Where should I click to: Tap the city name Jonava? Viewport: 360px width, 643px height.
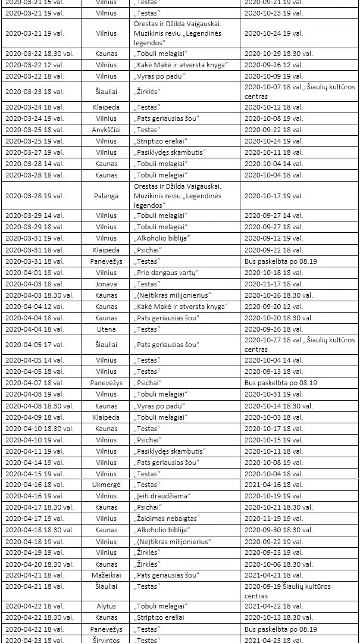pyautogui.click(x=107, y=284)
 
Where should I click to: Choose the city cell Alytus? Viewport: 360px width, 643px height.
pyautogui.click(x=107, y=607)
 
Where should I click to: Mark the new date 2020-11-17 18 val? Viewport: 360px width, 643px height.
pyautogui.click(x=274, y=284)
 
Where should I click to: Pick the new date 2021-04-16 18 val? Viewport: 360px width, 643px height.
pyautogui.click(x=274, y=485)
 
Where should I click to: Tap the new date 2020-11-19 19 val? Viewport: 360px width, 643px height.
pyautogui.click(x=274, y=519)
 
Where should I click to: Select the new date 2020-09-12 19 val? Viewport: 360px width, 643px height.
pyautogui.click(x=274, y=238)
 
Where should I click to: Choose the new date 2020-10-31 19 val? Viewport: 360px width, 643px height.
pyautogui.click(x=274, y=394)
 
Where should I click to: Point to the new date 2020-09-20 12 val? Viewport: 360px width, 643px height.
pyautogui.click(x=274, y=307)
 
